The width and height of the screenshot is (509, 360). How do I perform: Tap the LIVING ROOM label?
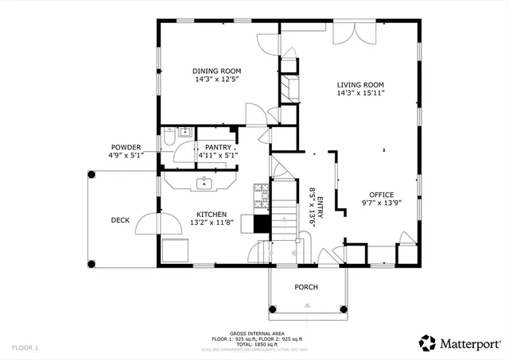click(x=360, y=84)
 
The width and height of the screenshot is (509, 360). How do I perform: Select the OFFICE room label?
click(x=382, y=194)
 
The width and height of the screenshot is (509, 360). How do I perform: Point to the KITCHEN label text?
click(x=212, y=215)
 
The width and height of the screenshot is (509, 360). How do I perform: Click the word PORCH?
click(x=306, y=287)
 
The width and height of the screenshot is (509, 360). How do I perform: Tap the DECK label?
click(x=120, y=220)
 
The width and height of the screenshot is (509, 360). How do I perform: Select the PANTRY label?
click(x=218, y=147)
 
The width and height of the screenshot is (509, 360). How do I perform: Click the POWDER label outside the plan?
click(x=126, y=147)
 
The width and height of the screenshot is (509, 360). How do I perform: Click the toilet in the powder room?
click(x=168, y=140)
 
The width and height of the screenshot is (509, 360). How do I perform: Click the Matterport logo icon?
click(x=427, y=343)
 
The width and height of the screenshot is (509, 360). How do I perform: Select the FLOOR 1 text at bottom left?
click(x=25, y=347)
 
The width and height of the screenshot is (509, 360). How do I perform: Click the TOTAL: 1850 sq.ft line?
click(x=254, y=343)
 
